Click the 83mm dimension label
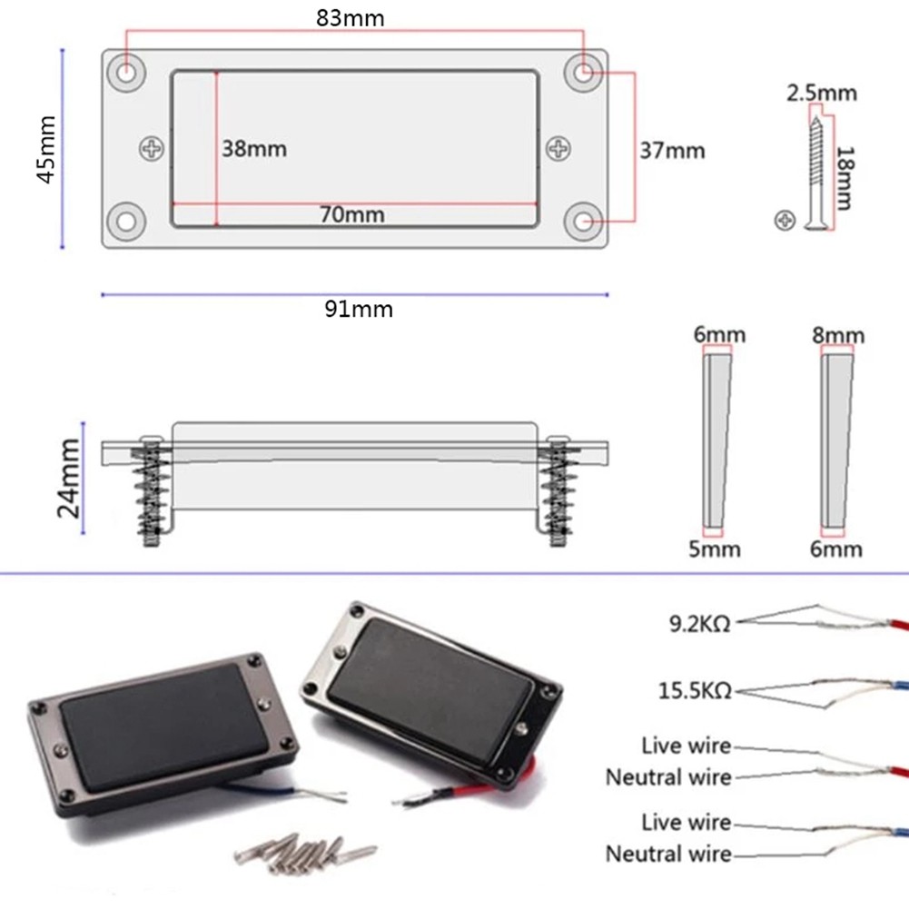350,18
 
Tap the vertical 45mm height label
45,149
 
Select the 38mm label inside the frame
254,149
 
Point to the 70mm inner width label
351,215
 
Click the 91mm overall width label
359,310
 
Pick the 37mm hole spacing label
672,150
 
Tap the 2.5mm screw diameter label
821,93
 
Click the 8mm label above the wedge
837,336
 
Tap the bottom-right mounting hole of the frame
582,221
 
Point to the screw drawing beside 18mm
816,173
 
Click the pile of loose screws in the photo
304,851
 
